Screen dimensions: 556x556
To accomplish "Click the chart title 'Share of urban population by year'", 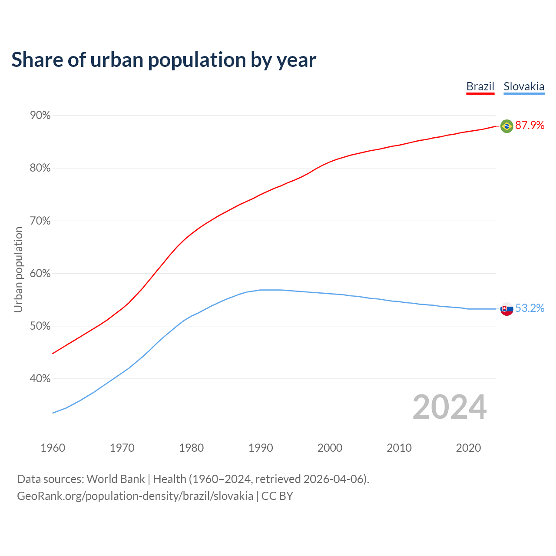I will (164, 60).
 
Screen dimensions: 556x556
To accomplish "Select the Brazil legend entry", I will (480, 86).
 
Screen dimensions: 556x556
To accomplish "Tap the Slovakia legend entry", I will (524, 86).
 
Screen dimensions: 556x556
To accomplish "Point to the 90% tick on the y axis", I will (40, 116).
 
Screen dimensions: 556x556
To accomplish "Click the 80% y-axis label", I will (40, 168).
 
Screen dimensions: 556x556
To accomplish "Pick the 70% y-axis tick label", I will (40, 221).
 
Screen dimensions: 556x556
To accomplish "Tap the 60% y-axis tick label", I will (40, 274).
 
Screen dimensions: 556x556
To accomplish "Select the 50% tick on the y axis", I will (40, 326).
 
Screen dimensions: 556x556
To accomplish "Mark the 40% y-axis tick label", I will (40, 379).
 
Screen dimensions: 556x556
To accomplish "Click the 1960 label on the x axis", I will (53, 448).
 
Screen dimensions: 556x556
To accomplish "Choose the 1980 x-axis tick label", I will (192, 448).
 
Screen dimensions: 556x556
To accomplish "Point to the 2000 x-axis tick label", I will (330, 448).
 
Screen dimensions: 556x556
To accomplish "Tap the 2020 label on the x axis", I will (468, 448).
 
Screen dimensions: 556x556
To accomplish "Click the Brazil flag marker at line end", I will (506, 126).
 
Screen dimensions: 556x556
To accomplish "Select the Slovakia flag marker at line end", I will (506, 309).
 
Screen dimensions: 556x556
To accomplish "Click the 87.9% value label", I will (530, 126).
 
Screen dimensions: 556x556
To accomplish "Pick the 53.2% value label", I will (530, 308).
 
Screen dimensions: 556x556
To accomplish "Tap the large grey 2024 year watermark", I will (450, 407).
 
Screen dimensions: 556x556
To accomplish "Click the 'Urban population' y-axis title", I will (18, 269).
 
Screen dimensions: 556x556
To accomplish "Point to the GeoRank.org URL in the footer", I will (135, 496).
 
